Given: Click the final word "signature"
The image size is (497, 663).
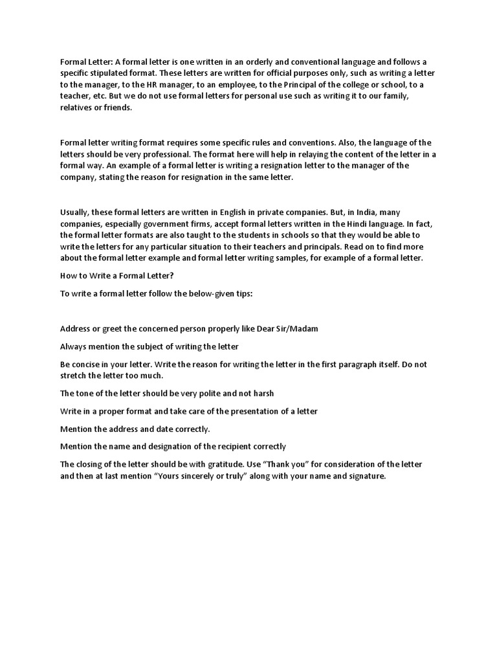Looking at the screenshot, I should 365,476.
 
